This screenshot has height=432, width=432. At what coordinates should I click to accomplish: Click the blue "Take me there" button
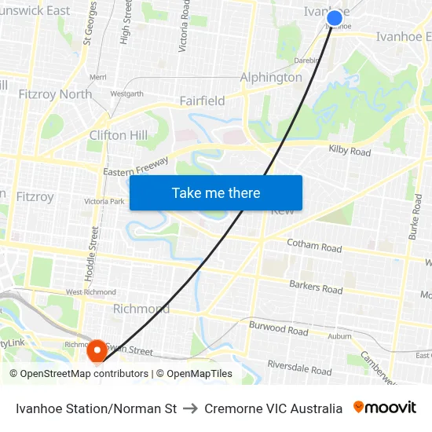tap(216, 192)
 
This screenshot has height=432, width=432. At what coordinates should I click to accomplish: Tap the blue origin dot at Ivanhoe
tap(335, 18)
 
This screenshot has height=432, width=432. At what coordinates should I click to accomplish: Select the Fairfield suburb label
tap(202, 101)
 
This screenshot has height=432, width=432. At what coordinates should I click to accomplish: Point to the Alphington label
tap(271, 77)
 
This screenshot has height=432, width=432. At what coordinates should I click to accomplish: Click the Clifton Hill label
tap(119, 135)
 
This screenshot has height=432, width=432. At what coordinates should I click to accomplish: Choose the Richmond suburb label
tap(141, 309)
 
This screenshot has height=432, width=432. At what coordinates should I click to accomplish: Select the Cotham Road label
tap(314, 246)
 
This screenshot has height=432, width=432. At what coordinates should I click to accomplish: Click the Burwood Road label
tap(278, 328)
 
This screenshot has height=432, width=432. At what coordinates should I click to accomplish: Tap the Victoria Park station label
tap(104, 201)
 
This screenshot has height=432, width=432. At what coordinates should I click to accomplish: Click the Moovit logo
tap(385, 408)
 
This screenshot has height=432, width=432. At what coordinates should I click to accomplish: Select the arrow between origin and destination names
tap(191, 408)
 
